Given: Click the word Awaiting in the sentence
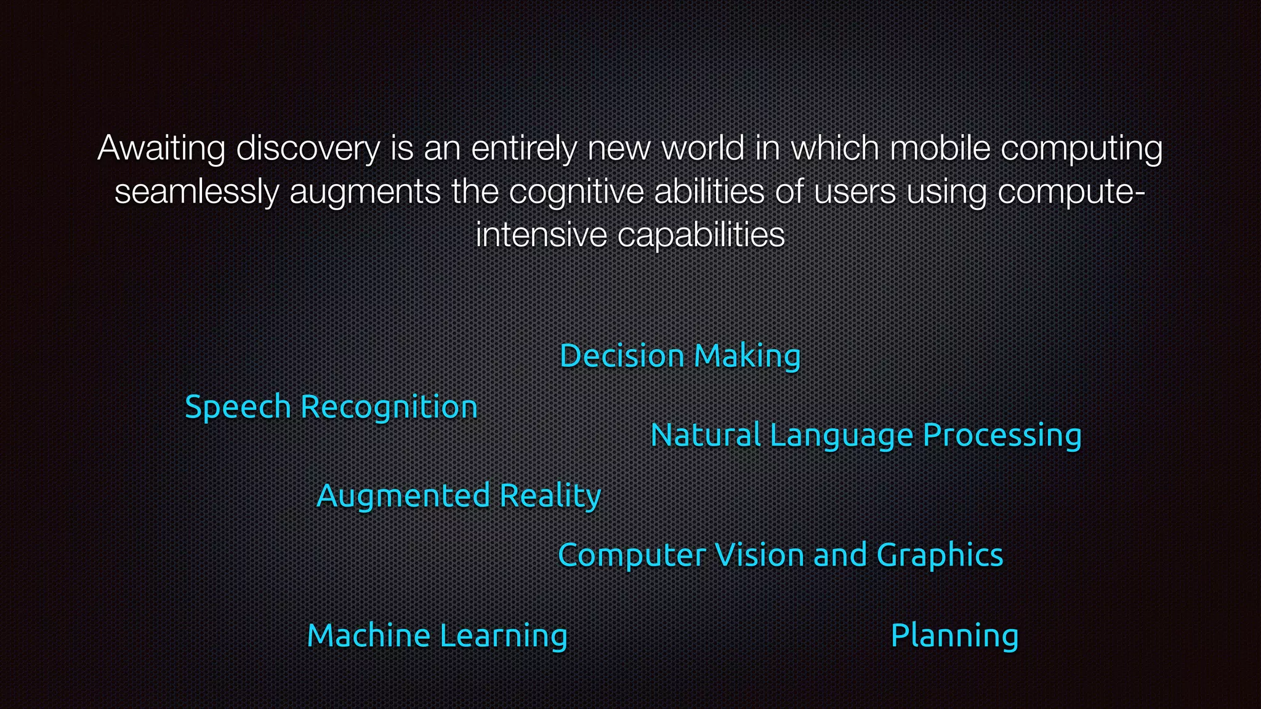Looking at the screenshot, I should [x=161, y=149].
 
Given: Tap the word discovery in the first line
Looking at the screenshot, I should [x=308, y=149].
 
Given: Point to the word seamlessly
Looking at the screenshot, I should [x=196, y=192].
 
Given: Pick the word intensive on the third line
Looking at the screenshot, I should [x=541, y=235].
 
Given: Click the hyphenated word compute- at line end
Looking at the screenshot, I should [x=1071, y=192].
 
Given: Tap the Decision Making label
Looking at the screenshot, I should [x=680, y=356].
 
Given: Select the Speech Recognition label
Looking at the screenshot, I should [x=331, y=407].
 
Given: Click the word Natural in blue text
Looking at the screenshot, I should [x=705, y=435].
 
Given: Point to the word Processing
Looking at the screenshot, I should [x=1002, y=435].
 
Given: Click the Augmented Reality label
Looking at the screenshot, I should [x=459, y=496].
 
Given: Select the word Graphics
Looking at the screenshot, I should [x=940, y=555].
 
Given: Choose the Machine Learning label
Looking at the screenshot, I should [x=437, y=636].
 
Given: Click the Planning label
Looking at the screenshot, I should [x=954, y=636].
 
